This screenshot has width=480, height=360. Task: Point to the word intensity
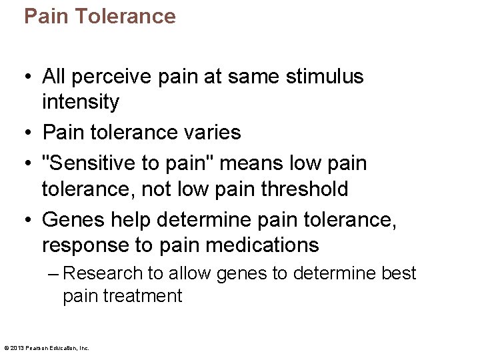pos(80,103)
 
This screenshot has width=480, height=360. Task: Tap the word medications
pos(263,245)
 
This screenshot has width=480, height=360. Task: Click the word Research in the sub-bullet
pos(103,273)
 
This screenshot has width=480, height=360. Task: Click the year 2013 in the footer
pos(18,347)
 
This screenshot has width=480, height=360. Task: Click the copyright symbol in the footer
pos(6,347)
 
